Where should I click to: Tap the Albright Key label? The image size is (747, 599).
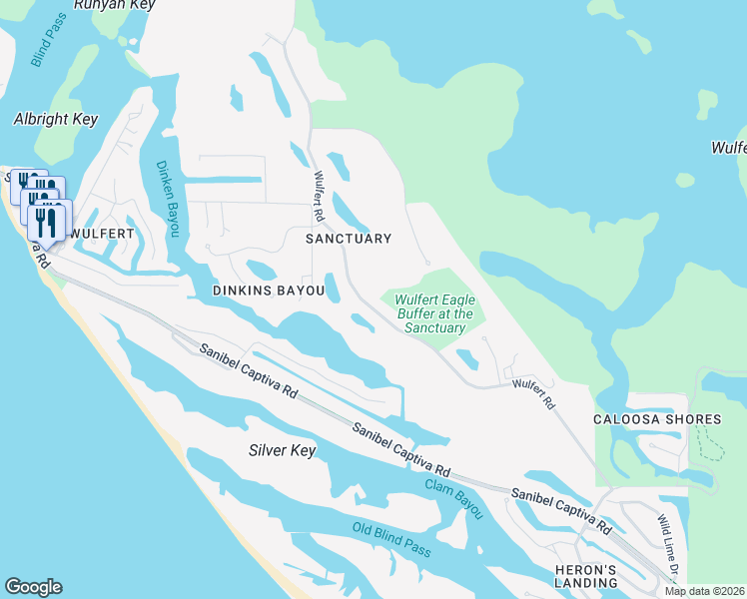(56, 119)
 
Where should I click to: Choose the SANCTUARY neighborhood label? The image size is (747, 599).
(348, 239)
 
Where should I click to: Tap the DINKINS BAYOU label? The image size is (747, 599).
(269, 291)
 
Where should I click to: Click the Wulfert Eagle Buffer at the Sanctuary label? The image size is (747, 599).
(434, 313)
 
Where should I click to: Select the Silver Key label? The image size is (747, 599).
(282, 451)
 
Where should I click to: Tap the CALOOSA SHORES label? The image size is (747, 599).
(657, 419)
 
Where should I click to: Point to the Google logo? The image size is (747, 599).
(33, 587)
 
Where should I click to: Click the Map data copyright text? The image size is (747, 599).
(704, 591)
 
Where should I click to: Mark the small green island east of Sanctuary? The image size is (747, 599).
(684, 181)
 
